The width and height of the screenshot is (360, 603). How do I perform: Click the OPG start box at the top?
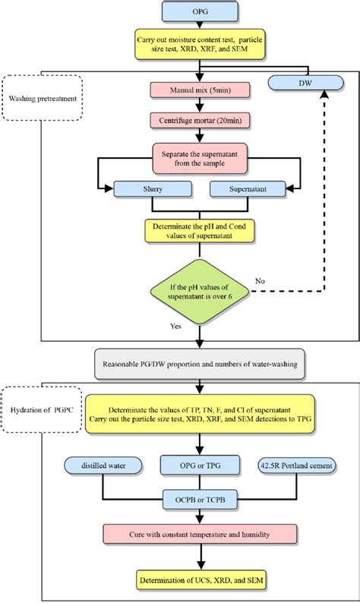point(199,11)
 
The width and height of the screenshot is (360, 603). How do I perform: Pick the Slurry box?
point(150,188)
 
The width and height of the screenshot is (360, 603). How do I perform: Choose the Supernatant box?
point(248,188)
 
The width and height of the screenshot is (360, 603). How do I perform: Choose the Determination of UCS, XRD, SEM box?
point(199,581)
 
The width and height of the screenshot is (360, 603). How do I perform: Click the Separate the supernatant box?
point(199,156)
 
